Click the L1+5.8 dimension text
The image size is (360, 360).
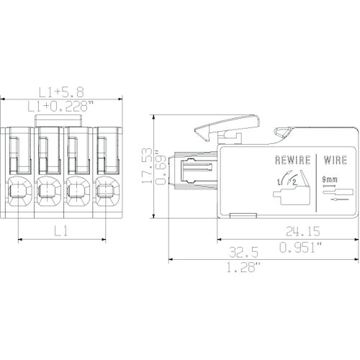61,92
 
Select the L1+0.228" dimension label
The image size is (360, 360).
60,107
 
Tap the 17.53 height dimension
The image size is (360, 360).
147,166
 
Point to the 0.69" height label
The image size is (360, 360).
161,168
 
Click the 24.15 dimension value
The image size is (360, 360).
303,231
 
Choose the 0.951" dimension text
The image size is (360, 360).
300,248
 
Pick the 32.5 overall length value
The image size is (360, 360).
243,252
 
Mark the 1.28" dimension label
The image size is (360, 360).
244,267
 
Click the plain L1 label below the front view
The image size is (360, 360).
61,231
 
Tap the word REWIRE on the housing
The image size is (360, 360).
293,160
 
